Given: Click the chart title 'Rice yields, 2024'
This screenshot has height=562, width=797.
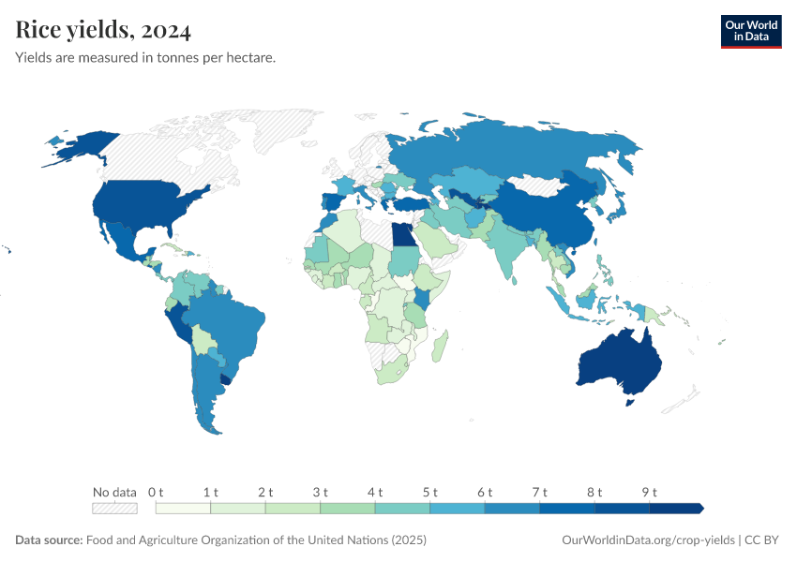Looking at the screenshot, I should (103, 31).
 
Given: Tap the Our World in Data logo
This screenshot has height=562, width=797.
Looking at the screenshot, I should (750, 31).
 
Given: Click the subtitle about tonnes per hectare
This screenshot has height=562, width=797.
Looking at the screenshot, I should (145, 58).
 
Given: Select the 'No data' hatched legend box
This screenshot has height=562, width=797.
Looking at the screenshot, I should (114, 508).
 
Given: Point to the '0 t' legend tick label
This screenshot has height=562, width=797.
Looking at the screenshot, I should (156, 492).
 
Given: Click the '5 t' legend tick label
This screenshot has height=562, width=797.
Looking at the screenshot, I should (430, 492).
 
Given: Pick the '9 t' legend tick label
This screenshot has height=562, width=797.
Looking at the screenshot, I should (650, 492).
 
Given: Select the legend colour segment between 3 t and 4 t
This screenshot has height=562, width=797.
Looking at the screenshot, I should (347, 508).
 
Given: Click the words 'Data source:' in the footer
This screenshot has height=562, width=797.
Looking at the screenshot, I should (49, 540).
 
